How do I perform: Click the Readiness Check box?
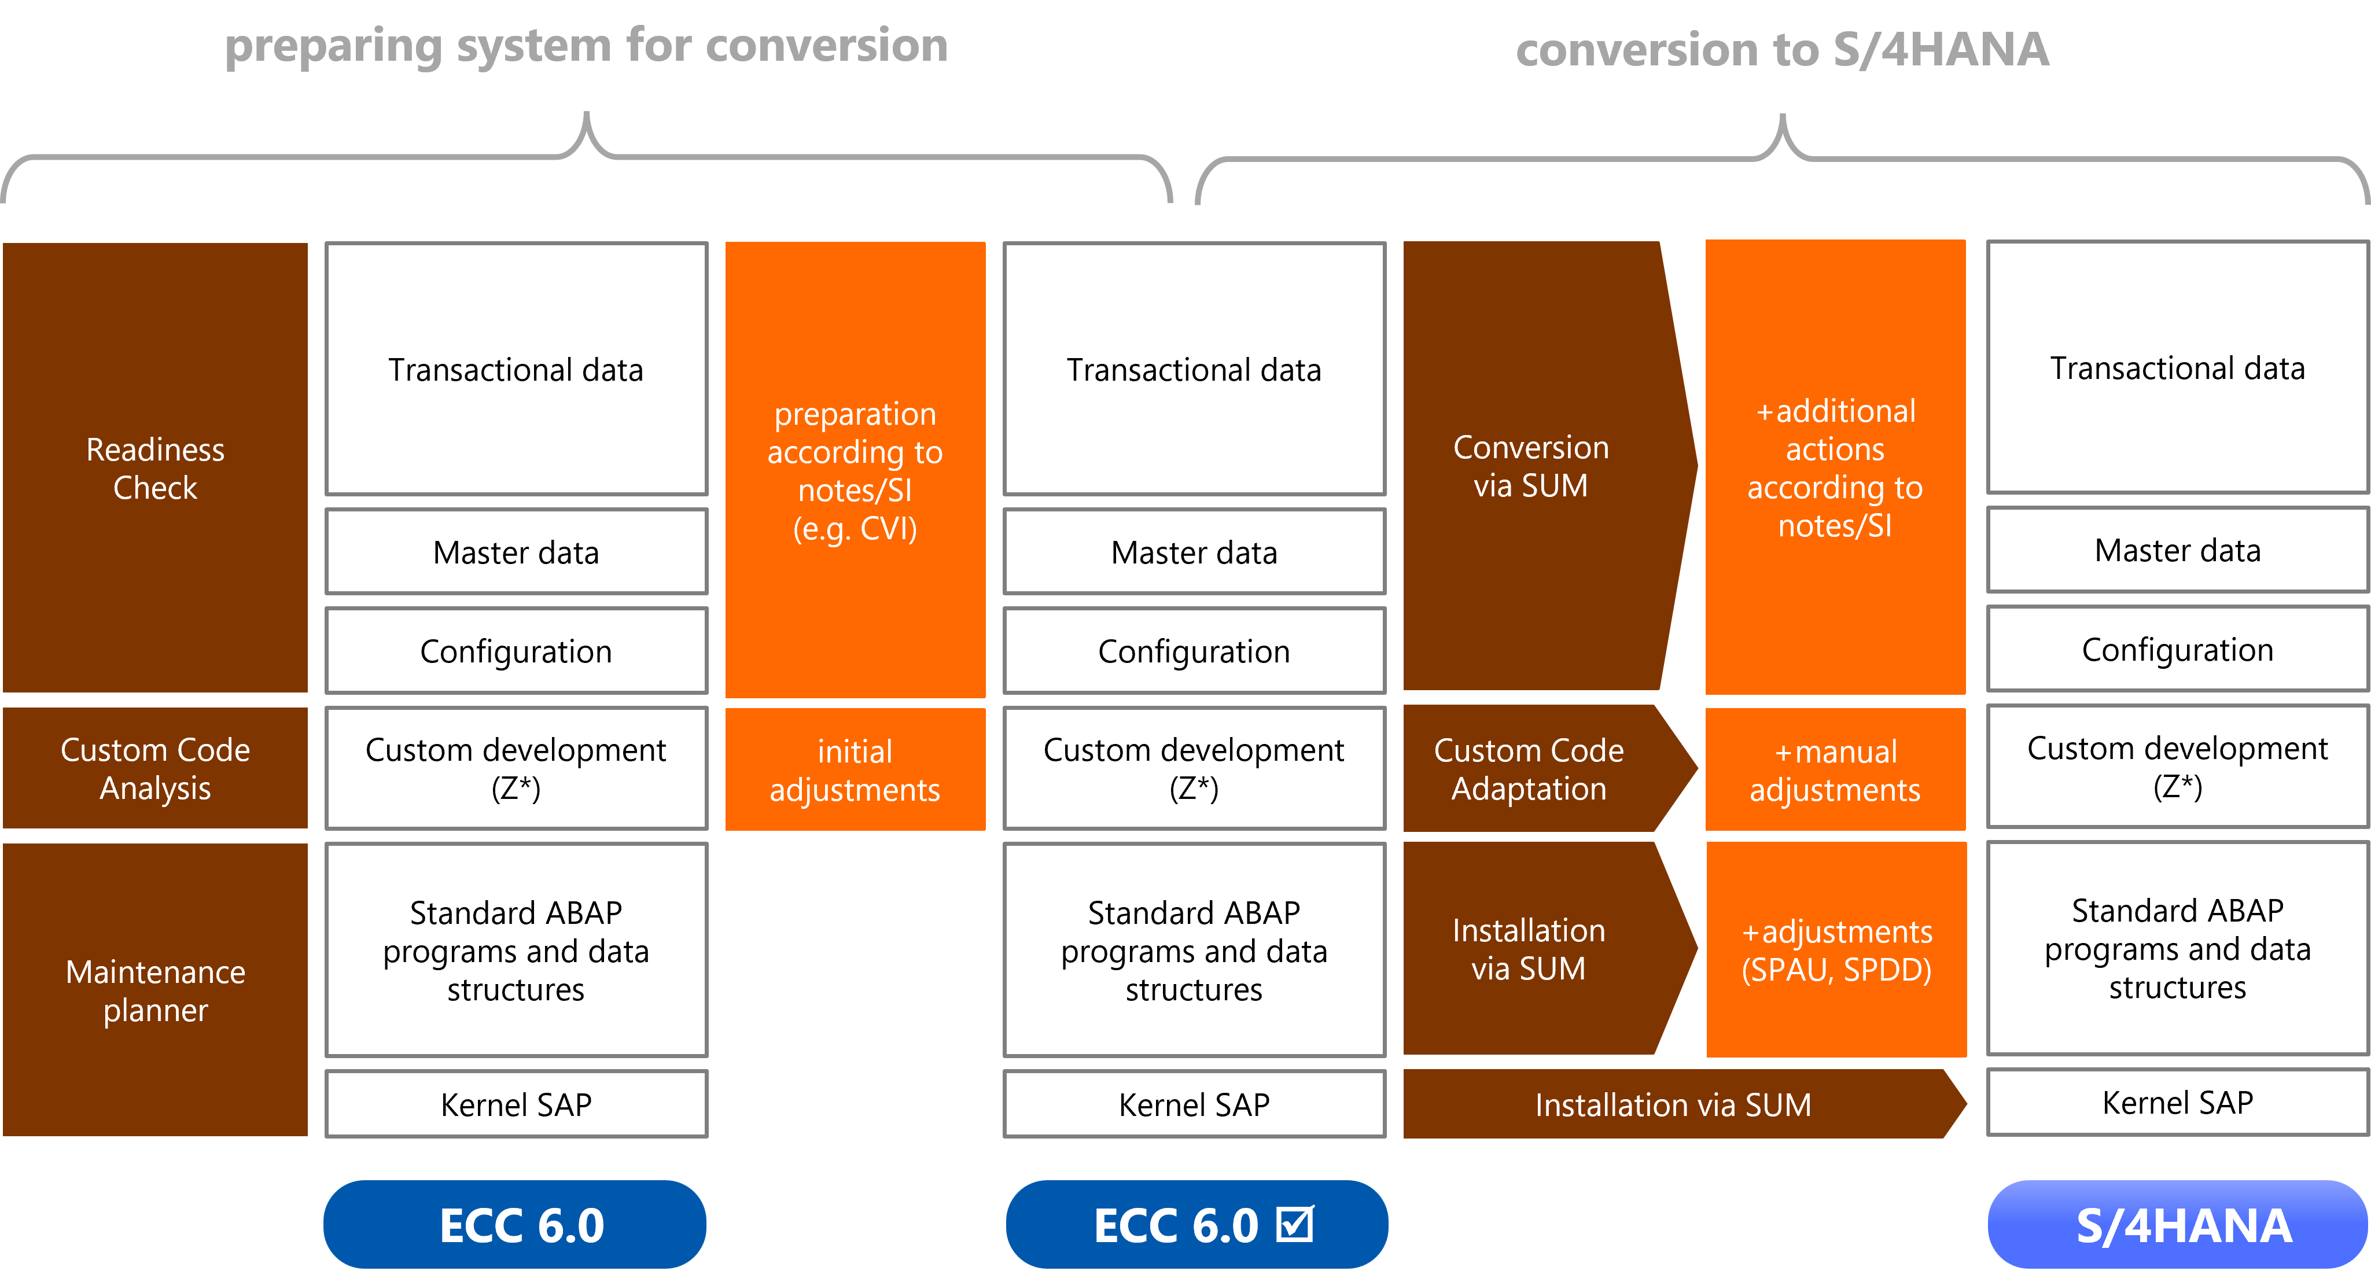[x=154, y=467]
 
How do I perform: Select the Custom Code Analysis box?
[x=154, y=768]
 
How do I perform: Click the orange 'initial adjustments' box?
[x=855, y=769]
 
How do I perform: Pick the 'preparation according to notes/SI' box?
[x=855, y=469]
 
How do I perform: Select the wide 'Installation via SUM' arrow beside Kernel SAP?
[x=1684, y=1103]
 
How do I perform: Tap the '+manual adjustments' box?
[x=1835, y=769]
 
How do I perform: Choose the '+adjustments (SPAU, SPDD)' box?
[x=1836, y=950]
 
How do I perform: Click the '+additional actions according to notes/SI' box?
[x=1835, y=467]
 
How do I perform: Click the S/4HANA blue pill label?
[x=2178, y=1225]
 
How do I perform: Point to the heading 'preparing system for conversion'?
[x=586, y=46]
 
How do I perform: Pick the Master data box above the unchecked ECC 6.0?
[x=516, y=552]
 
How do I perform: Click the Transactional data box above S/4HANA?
[x=2178, y=368]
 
